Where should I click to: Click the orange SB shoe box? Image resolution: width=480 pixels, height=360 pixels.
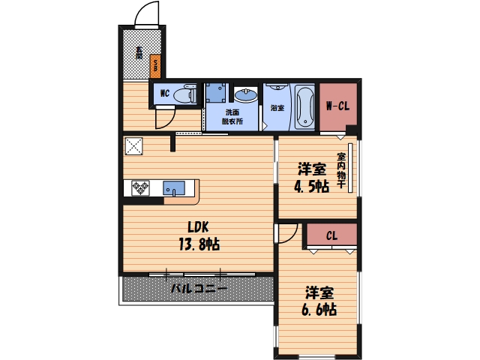tap(155, 66)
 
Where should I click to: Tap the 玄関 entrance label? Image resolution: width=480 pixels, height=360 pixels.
tap(139, 52)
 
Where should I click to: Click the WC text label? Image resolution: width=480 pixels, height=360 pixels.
tap(165, 93)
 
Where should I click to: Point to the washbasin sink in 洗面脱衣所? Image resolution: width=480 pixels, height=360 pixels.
tap(246, 94)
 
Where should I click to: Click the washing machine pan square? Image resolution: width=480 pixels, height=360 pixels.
tap(216, 92)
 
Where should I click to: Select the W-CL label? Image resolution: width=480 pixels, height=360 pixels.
tap(337, 106)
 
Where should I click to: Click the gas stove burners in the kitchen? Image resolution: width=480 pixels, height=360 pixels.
tap(140, 188)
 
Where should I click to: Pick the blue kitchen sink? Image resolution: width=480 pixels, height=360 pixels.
tap(174, 188)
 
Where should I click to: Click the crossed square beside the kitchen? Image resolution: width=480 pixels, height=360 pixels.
tap(134, 146)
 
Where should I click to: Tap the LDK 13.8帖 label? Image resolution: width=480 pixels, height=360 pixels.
tap(199, 236)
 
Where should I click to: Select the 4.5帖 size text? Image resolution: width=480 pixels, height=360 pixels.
tap(311, 186)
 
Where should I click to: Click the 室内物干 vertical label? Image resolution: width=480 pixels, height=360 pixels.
tap(341, 170)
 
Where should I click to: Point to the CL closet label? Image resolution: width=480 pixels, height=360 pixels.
tap(331, 235)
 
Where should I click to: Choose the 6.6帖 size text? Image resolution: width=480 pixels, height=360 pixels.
tap(319, 310)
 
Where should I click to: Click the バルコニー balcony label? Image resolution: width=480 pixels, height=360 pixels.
tap(199, 288)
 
